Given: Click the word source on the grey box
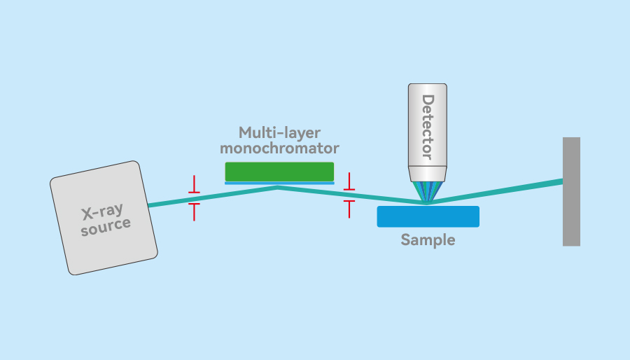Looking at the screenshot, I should pos(106,226).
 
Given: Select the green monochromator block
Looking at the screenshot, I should pos(279,172).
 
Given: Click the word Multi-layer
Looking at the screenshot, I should pos(279,132).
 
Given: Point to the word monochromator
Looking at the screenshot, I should pos(279,148).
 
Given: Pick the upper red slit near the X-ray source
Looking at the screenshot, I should pos(195,186).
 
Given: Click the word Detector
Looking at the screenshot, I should pos(428,126).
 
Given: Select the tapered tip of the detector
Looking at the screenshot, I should pos(428,174).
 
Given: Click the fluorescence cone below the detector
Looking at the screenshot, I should pos(427,191).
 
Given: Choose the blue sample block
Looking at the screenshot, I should pos(428,216).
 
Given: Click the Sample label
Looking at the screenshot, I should pos(428,240).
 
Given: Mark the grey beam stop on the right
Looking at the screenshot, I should pos(571,191).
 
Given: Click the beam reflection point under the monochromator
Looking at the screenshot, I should pos(278,187).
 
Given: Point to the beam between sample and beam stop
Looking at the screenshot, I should pos(497,192).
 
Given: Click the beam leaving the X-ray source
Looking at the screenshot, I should pos(168,202).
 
